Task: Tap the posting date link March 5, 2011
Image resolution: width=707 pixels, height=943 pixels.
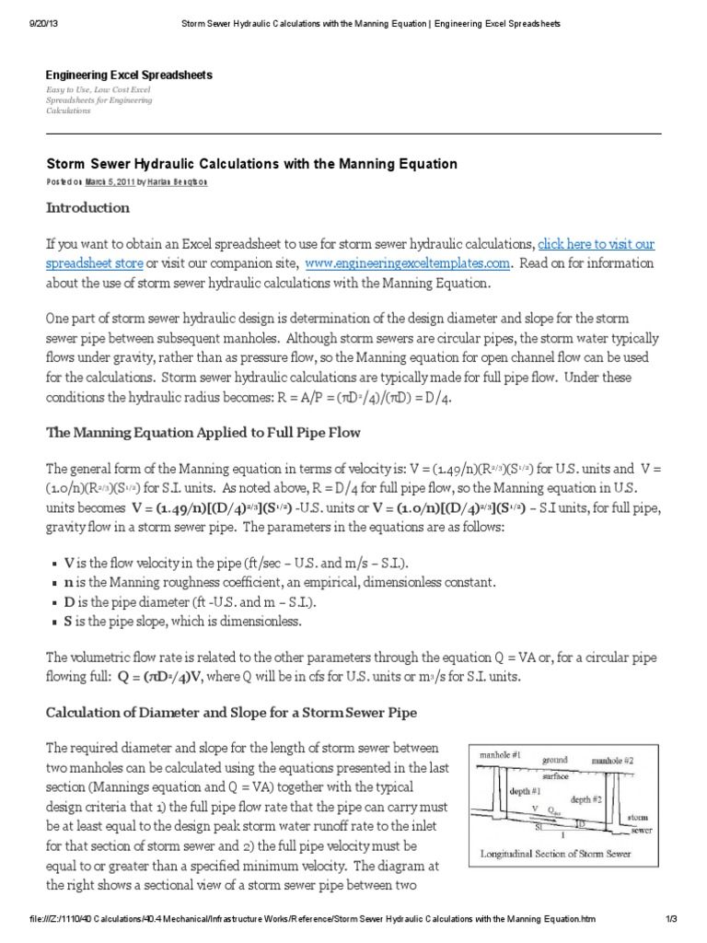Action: point(110,182)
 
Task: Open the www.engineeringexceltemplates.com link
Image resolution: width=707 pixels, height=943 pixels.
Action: point(407,262)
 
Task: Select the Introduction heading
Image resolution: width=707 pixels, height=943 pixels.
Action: point(88,208)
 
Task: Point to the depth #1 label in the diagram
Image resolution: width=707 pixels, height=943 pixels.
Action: point(521,791)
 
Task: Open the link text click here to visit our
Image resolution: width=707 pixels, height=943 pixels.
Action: point(597,244)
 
